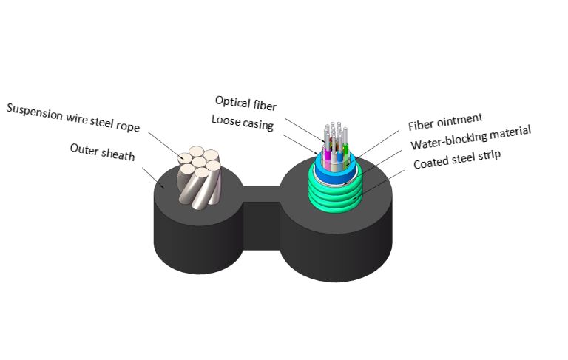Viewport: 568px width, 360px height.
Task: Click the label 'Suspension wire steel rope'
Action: [72, 116]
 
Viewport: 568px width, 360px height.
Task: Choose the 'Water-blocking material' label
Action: [470, 138]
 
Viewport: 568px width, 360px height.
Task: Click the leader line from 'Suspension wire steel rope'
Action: [163, 144]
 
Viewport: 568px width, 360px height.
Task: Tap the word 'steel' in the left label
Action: [98, 119]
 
